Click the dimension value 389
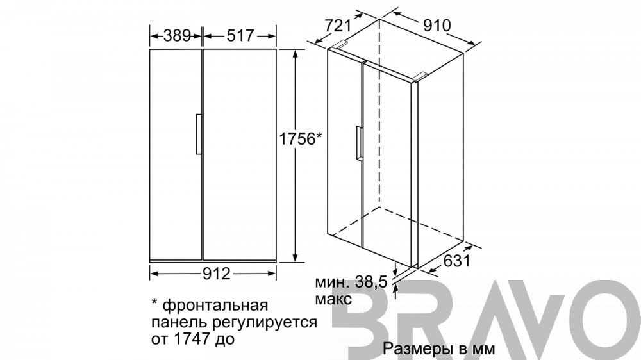[x=177, y=36]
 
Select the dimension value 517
[x=240, y=36]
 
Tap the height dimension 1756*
[x=301, y=139]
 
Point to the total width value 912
[x=217, y=274]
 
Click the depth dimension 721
[x=338, y=26]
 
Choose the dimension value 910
[x=437, y=26]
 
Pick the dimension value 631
[x=457, y=261]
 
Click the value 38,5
[x=370, y=282]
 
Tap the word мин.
[x=332, y=282]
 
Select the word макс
[x=333, y=299]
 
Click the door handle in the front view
[x=199, y=134]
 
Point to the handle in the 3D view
[x=359, y=144]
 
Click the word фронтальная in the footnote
[x=215, y=306]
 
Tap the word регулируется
[x=265, y=322]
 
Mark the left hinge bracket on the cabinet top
[x=341, y=45]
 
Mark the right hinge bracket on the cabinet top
[x=420, y=76]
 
